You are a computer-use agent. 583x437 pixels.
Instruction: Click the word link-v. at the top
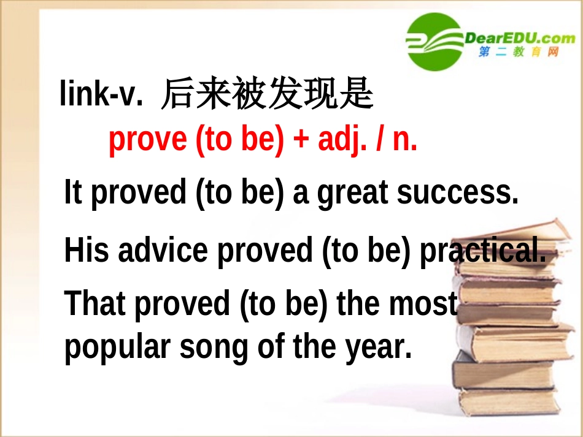[101, 95]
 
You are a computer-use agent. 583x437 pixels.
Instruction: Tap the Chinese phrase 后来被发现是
[267, 95]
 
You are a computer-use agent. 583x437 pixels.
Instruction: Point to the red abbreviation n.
[404, 140]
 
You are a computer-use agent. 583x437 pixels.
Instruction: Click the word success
[458, 193]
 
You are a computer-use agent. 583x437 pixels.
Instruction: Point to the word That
[95, 303]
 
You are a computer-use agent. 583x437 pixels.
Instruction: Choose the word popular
[117, 348]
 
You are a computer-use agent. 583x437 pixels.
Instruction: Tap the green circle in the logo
[434, 41]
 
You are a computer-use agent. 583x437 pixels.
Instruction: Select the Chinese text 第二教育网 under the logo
[519, 53]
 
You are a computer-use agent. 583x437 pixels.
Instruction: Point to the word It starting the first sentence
[73, 193]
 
